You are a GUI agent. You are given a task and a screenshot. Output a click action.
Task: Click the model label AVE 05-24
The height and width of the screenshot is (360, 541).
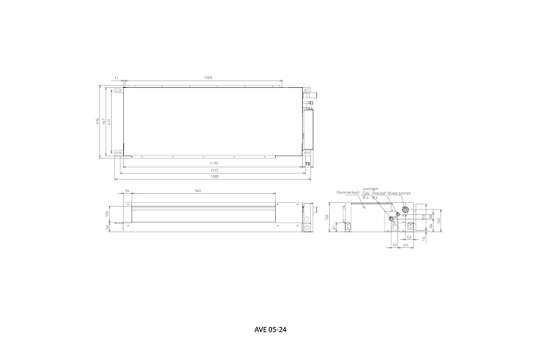pos(271,329)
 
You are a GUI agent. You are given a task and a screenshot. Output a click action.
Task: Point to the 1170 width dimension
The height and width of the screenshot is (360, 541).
pos(213,163)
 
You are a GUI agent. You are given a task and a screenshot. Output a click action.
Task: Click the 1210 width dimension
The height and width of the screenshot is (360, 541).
pos(213,171)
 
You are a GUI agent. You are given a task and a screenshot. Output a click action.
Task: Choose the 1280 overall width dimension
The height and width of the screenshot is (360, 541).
pos(213,178)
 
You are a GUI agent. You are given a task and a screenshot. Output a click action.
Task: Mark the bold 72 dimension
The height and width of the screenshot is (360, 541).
pos(308,163)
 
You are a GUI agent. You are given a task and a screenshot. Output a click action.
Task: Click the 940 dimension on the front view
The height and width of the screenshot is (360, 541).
pos(198,192)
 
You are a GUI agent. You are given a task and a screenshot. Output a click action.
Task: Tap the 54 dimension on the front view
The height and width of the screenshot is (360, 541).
pos(128,192)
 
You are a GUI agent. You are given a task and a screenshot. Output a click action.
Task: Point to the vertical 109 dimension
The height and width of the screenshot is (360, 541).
pos(107,213)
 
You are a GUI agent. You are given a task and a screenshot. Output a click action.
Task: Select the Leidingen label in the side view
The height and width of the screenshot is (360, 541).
pos(370,189)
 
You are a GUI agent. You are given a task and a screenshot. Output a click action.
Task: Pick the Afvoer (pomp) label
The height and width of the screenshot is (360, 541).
pos(398,193)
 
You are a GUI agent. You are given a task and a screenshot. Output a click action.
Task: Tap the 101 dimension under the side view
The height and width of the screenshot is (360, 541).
pos(406,245)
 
